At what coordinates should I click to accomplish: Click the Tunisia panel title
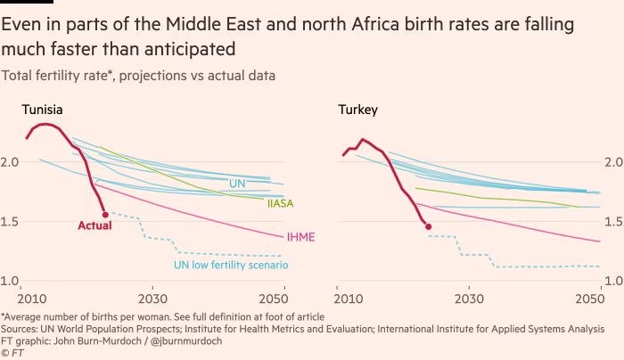(42, 110)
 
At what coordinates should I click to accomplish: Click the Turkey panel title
(357, 110)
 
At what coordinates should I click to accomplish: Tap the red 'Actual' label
(94, 226)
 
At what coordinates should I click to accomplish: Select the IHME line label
(300, 238)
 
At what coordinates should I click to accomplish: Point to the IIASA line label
(281, 204)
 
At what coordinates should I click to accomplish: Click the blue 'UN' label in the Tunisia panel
(237, 184)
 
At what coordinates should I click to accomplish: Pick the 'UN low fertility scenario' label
(230, 265)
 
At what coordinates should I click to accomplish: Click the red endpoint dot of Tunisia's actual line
(106, 215)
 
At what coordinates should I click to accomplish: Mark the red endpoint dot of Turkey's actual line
(429, 226)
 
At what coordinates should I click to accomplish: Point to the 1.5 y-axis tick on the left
(12, 222)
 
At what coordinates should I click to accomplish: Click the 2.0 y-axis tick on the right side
(613, 162)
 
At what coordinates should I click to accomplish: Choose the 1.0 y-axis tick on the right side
(613, 282)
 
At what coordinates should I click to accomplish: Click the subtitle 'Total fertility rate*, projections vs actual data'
(138, 76)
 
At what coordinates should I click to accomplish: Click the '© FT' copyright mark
(12, 353)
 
